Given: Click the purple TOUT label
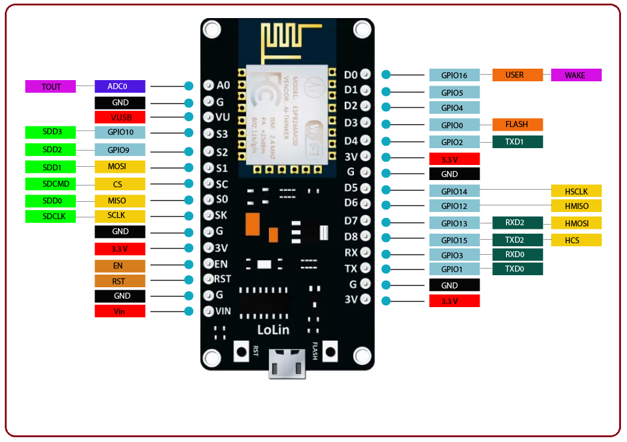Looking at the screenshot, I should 51,87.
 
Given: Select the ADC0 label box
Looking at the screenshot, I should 120,87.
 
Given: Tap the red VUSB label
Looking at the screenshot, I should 120,117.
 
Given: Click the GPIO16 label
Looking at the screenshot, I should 454,75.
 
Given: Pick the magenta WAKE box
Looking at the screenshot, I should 576,75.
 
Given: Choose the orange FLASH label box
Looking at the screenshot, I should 517,125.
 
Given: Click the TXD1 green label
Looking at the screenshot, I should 517,142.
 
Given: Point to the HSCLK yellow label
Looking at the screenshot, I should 576,191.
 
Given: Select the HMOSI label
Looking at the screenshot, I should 576,223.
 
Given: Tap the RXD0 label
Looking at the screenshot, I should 517,255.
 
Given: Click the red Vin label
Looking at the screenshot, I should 120,311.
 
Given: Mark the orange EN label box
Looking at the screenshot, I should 120,265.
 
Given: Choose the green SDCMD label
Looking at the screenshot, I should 51,184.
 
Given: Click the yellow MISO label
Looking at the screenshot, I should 120,201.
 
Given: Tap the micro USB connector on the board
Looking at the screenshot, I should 287,364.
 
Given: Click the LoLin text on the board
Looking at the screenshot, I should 273,329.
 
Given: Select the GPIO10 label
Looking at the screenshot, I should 120,132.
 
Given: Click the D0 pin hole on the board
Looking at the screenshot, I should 365,75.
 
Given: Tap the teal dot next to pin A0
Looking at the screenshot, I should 189,86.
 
